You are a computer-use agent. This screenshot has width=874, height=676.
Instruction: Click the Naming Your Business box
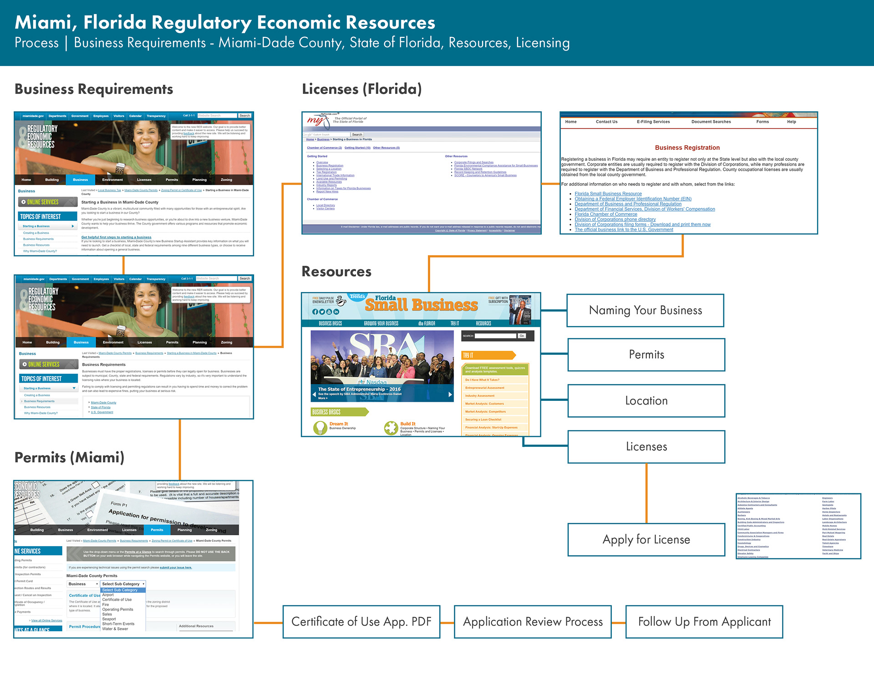point(645,311)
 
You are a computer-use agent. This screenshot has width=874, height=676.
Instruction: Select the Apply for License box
point(646,540)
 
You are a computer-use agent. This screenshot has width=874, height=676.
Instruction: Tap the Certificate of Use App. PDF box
point(361,622)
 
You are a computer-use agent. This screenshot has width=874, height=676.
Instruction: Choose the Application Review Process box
point(533,622)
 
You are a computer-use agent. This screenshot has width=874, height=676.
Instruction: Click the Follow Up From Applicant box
point(704,622)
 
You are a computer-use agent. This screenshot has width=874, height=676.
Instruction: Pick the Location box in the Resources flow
point(646,401)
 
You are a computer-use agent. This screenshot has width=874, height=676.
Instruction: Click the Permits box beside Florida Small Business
point(646,355)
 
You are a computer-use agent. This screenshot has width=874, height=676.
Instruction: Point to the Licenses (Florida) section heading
point(361,89)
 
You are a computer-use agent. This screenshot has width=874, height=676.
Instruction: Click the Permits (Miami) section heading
point(69,457)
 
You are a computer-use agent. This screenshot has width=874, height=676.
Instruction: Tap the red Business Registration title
point(687,148)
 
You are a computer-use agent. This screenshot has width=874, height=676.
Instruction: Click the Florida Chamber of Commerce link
point(605,214)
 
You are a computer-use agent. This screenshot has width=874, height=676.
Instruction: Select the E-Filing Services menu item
point(653,122)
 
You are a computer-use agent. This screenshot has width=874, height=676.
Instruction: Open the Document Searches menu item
point(711,122)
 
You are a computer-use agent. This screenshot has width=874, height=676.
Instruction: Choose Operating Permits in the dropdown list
point(117,609)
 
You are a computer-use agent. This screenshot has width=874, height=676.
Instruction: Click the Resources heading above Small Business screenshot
point(336,271)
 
